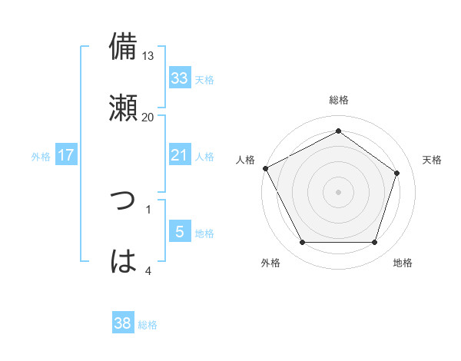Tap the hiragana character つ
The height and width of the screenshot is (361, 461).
(x=124, y=200)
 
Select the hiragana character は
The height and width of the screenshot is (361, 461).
(x=124, y=261)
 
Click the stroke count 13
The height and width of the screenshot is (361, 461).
(x=148, y=56)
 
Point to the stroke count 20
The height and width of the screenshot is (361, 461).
(x=148, y=117)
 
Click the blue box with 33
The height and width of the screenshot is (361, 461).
(x=179, y=78)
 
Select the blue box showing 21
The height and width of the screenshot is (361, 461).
(x=179, y=155)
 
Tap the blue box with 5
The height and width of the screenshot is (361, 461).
(x=179, y=232)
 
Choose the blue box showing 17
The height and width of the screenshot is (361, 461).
(x=66, y=155)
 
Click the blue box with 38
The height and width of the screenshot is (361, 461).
(x=123, y=323)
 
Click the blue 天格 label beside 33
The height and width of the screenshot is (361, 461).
(x=204, y=79)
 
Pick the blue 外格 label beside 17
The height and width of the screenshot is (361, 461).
(x=41, y=156)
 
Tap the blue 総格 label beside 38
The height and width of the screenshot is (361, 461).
(x=148, y=324)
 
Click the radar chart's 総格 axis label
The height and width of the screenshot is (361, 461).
(x=338, y=100)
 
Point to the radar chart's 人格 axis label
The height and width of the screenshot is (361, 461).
(x=246, y=160)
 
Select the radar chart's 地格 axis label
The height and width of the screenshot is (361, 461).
(x=403, y=263)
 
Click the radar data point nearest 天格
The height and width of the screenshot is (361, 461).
(x=397, y=173)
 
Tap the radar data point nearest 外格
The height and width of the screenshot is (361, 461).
(x=302, y=243)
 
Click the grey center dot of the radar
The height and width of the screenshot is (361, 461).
(x=338, y=192)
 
